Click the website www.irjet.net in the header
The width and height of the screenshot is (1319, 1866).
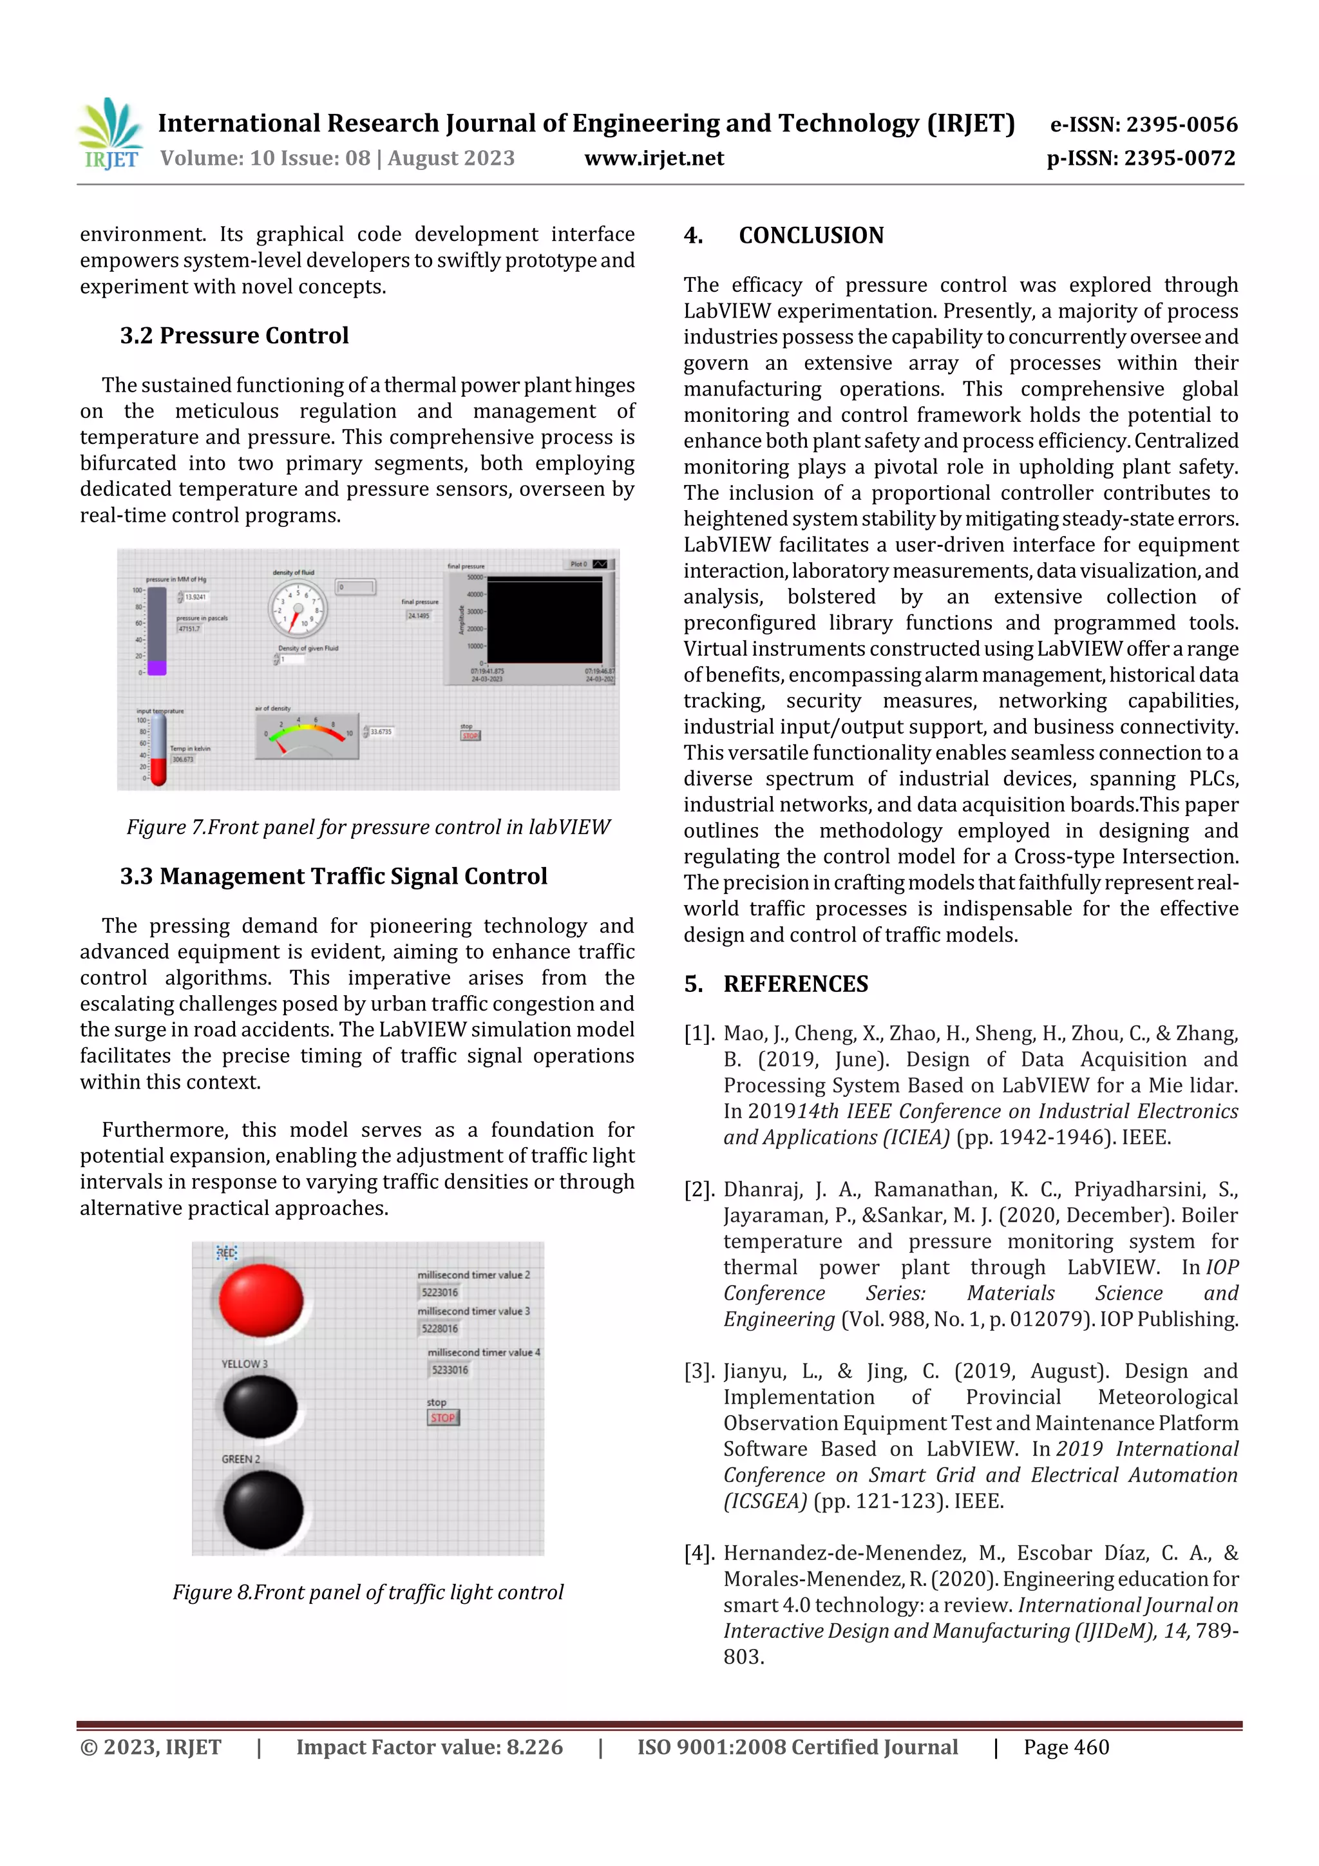pos(654,158)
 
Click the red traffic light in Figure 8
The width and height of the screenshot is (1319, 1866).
pos(261,1300)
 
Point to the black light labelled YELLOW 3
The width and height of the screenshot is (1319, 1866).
pos(260,1407)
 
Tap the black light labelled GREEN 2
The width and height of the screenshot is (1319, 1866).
pos(263,1510)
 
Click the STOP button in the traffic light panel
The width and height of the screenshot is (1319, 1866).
pos(443,1418)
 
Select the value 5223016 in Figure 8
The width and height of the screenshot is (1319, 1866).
pos(440,1292)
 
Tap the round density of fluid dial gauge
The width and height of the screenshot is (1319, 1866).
pos(298,609)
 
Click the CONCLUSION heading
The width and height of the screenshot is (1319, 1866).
pos(810,236)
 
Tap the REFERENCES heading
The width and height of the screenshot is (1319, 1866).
pos(795,984)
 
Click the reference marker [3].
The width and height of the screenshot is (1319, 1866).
pos(699,1371)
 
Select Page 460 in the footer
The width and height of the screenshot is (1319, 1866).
pos(1065,1747)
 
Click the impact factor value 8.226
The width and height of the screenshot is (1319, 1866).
pos(534,1747)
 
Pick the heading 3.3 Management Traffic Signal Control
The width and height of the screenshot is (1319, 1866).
pos(333,876)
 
